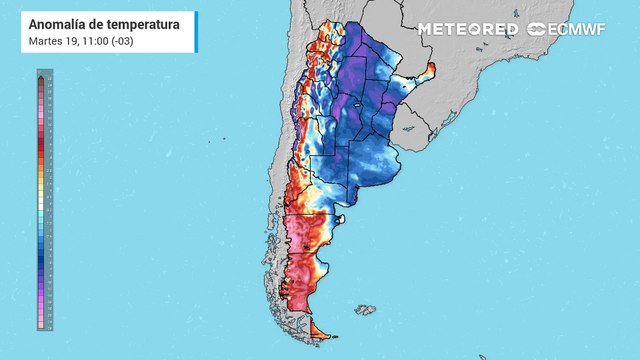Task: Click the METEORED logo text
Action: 467,29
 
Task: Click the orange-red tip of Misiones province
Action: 431,70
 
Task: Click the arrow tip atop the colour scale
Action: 39,76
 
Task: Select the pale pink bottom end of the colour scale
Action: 39,324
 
